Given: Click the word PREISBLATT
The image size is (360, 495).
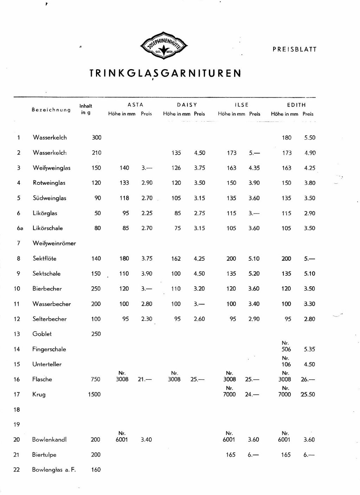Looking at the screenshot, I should pyautogui.click(x=294, y=50).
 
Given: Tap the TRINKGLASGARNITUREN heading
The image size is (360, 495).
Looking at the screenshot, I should pyautogui.click(x=165, y=73).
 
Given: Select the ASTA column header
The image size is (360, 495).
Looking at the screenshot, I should pyautogui.click(x=135, y=105).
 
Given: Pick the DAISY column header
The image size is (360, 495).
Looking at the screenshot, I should pyautogui.click(x=187, y=105).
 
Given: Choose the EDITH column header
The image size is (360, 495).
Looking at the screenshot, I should pyautogui.click(x=296, y=105).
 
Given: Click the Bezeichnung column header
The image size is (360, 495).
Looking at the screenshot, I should pyautogui.click(x=51, y=110).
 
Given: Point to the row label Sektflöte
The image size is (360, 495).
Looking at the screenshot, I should pyautogui.click(x=44, y=259).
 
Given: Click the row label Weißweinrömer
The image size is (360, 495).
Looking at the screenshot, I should pyautogui.click(x=54, y=243).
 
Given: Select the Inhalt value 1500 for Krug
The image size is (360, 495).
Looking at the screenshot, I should pyautogui.click(x=94, y=395).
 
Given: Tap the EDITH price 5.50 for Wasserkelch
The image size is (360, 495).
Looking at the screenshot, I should pyautogui.click(x=310, y=138).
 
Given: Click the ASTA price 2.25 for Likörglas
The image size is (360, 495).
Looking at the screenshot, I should pyautogui.click(x=147, y=213).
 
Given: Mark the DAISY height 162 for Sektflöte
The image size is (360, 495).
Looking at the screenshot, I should pyautogui.click(x=176, y=259).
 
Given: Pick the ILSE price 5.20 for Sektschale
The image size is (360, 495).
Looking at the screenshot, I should pyautogui.click(x=254, y=274).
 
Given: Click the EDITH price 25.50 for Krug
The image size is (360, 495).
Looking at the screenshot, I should pyautogui.click(x=308, y=395).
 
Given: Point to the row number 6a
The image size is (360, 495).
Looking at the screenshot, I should pyautogui.click(x=20, y=228).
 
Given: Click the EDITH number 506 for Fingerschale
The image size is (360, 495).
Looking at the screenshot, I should pyautogui.click(x=286, y=349).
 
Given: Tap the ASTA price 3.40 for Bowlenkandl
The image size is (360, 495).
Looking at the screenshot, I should pyautogui.click(x=146, y=439).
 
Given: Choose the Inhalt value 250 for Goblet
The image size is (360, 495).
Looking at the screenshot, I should pyautogui.click(x=96, y=334).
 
